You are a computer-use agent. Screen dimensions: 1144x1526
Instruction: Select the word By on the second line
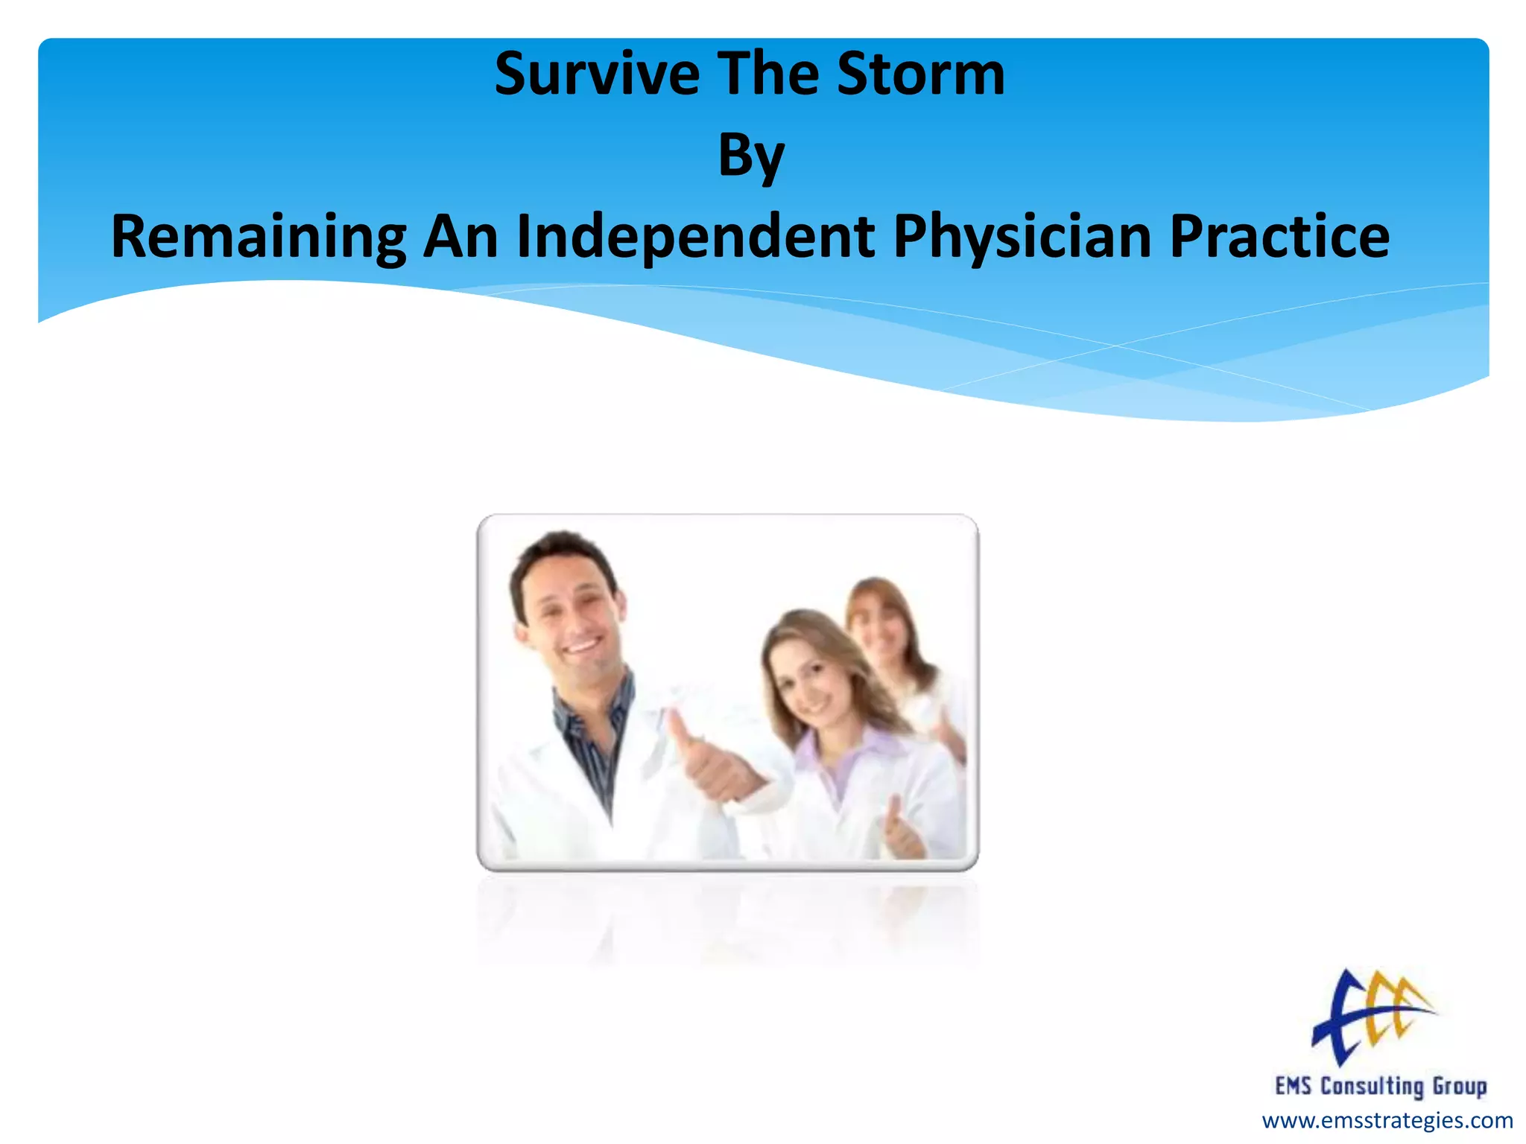(751, 156)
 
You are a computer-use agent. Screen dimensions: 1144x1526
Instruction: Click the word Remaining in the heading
(259, 237)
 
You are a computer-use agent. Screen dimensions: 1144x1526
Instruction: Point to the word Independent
(696, 237)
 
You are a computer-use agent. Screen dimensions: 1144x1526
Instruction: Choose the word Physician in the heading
(1022, 237)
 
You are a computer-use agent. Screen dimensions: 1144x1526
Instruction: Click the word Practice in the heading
(1279, 237)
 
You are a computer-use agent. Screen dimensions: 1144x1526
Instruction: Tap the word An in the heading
(460, 237)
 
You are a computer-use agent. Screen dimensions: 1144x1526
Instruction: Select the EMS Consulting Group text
(1381, 1086)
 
